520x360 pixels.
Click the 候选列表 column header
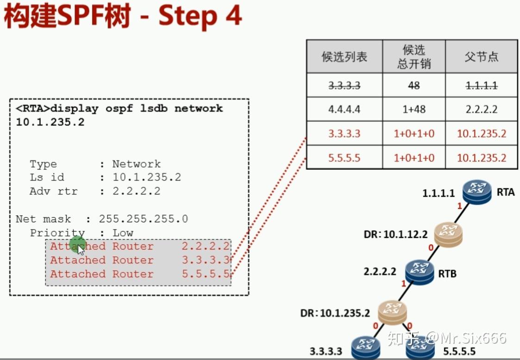pyautogui.click(x=345, y=56)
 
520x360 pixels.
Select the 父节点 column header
pyautogui.click(x=482, y=56)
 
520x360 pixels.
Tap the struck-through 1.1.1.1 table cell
pyautogui.click(x=482, y=86)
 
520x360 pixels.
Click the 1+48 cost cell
pyautogui.click(x=414, y=110)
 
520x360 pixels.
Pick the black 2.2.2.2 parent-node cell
pyautogui.click(x=482, y=110)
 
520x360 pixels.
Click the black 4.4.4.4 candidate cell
pyautogui.click(x=345, y=110)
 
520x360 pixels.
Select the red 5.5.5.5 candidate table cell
pyautogui.click(x=345, y=158)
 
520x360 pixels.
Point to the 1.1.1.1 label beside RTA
pyautogui.click(x=439, y=193)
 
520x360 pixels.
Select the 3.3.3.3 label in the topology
pyautogui.click(x=326, y=351)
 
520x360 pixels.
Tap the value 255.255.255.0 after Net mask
pyautogui.click(x=144, y=219)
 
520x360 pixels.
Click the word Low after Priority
pyautogui.click(x=123, y=233)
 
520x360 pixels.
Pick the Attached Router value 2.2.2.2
pyautogui.click(x=206, y=246)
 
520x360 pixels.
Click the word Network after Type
pyautogui.click(x=136, y=164)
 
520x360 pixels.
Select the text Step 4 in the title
pyautogui.click(x=200, y=17)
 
